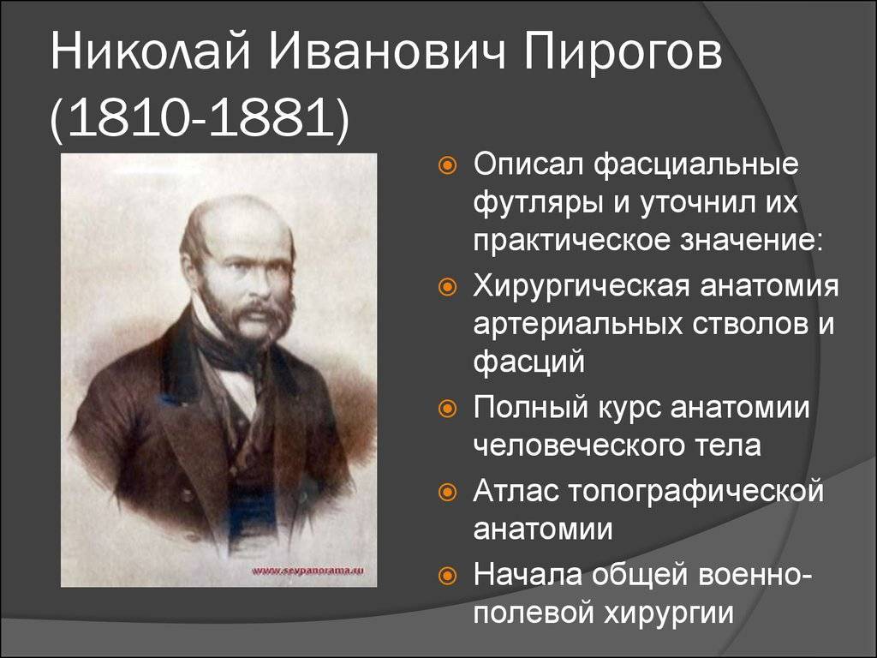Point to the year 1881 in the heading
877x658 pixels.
pos(271,118)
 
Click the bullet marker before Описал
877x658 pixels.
pos(447,165)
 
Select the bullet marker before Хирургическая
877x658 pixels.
pos(447,287)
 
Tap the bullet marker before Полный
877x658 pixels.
pos(447,409)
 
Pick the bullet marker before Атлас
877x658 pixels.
pos(447,493)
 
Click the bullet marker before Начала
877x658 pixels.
pos(447,575)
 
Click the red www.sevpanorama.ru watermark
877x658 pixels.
pos(307,571)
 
